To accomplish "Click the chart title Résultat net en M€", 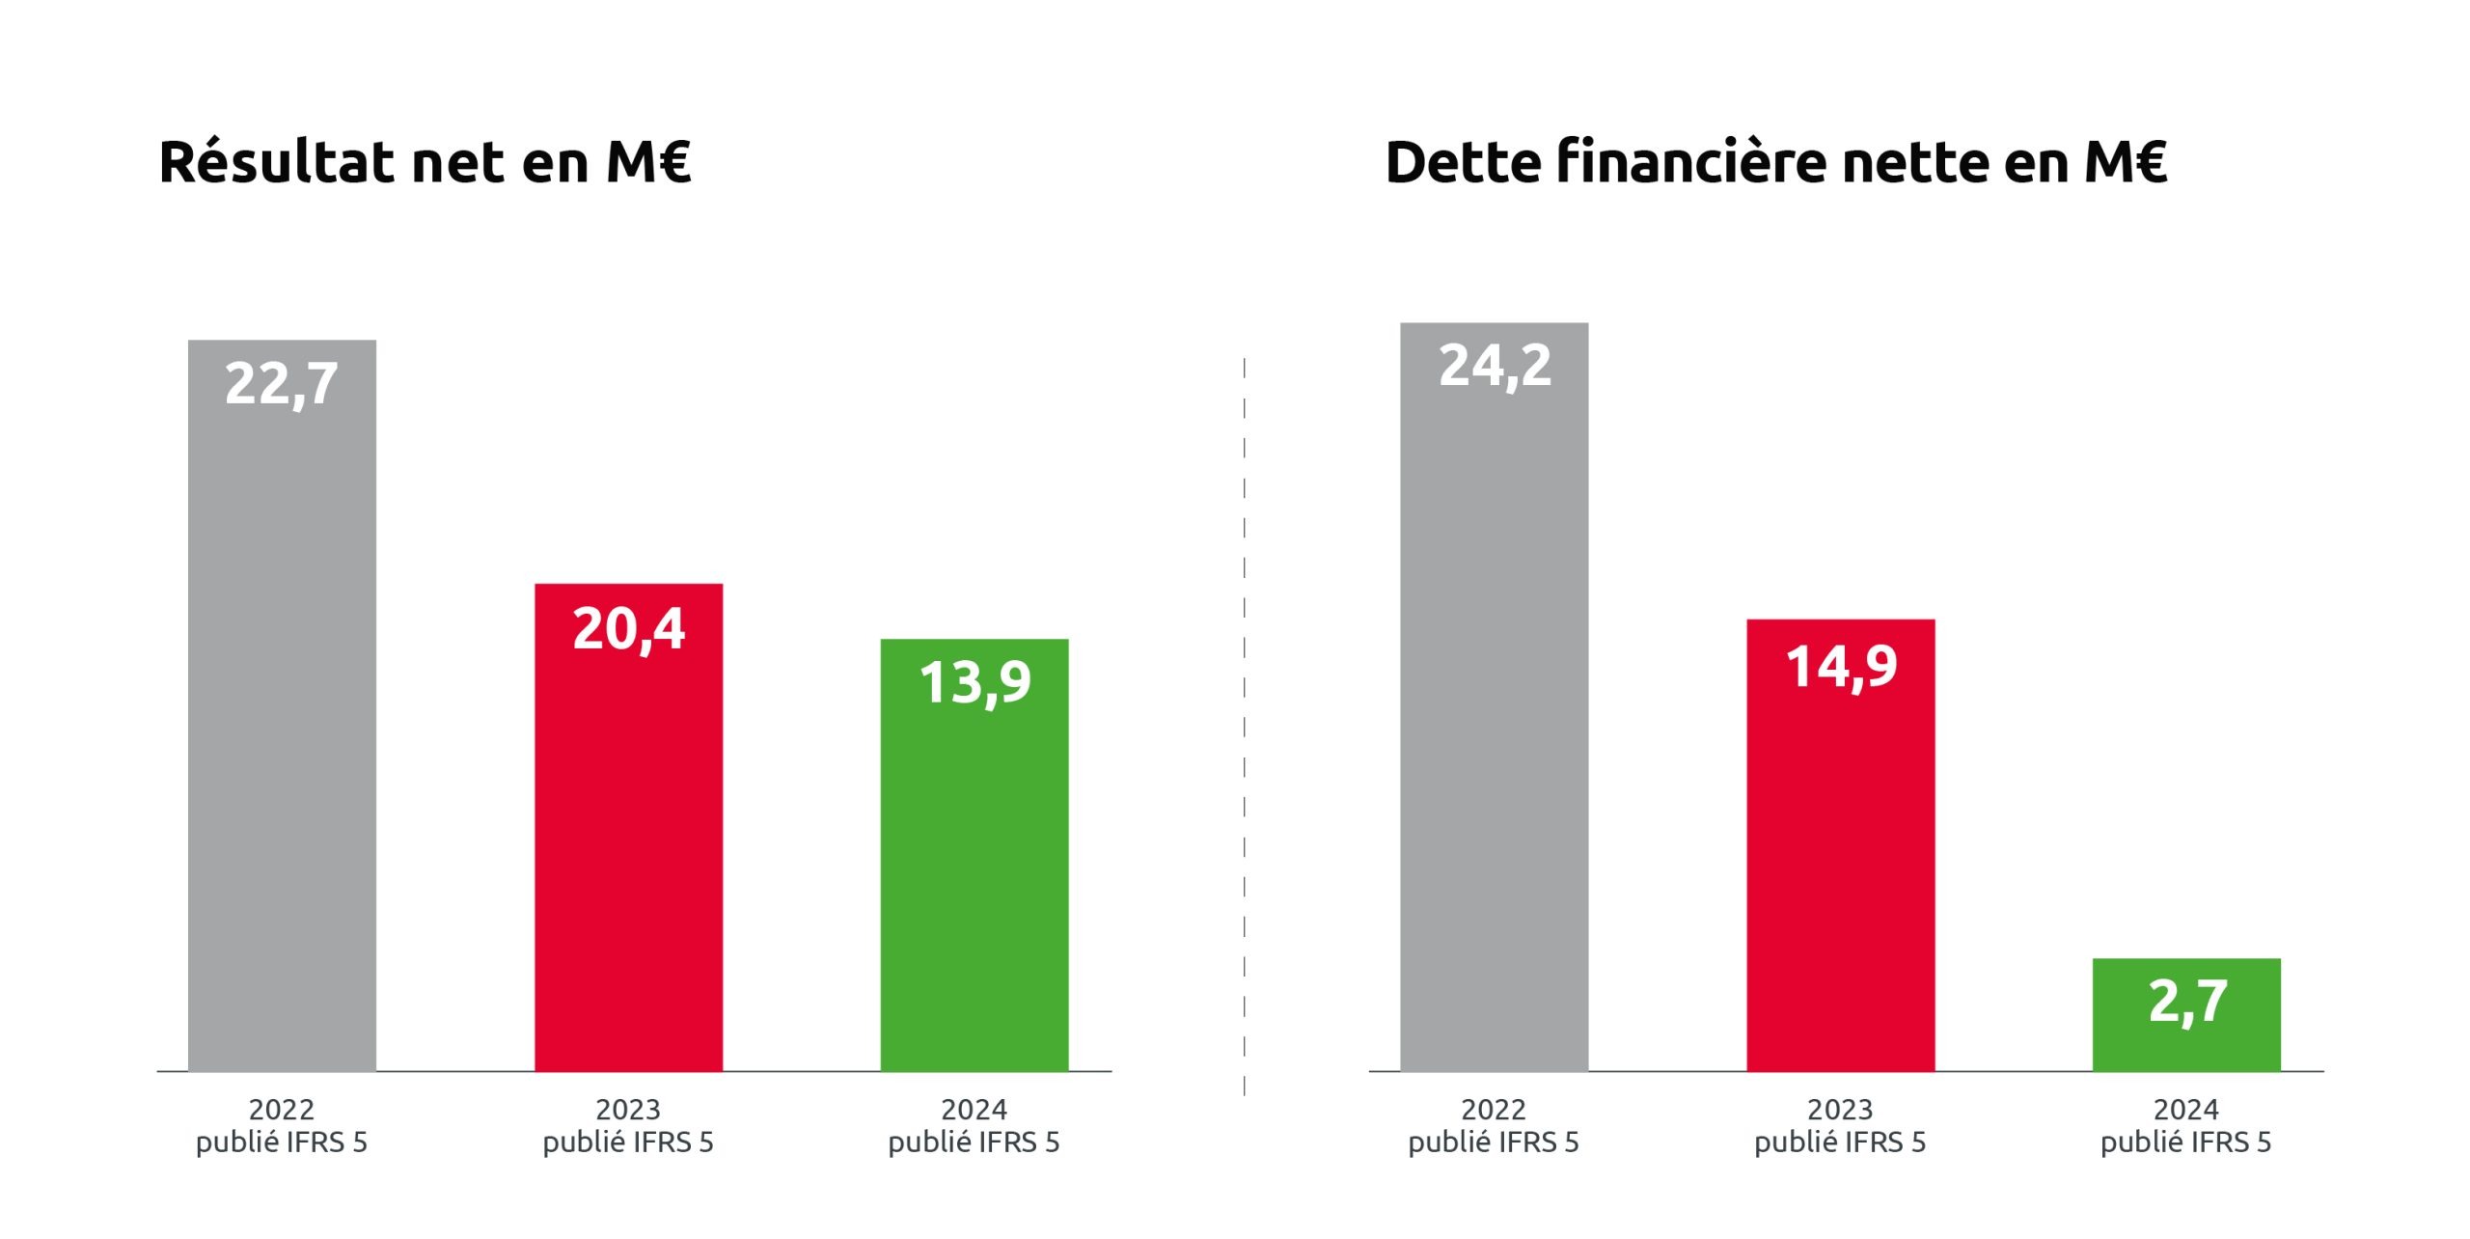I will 425,161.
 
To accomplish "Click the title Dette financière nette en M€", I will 1775,161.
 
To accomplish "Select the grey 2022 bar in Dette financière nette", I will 1494,724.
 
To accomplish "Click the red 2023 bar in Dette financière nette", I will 1840,868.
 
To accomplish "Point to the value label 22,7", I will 282,383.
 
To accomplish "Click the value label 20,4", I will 628,628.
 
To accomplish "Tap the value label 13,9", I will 974,682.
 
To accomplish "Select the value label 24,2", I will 1495,366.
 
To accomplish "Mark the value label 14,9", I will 1841,666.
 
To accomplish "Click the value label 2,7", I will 2187,1002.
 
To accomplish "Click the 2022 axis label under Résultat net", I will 282,1125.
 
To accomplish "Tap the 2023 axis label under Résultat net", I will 628,1125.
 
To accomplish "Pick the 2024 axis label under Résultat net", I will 974,1125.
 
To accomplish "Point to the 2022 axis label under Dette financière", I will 1494,1125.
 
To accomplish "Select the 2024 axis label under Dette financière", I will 2185,1125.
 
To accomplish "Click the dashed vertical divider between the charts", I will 1245,724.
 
